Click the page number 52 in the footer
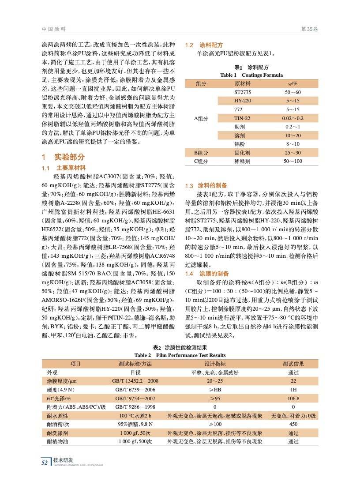(x=44, y=462)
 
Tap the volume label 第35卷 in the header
(x=309, y=29)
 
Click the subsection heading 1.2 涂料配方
(x=204, y=45)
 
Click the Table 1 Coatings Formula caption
(x=251, y=75)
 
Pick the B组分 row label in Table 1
(x=201, y=153)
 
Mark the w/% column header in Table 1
(x=292, y=83)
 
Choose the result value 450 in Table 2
(x=293, y=425)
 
